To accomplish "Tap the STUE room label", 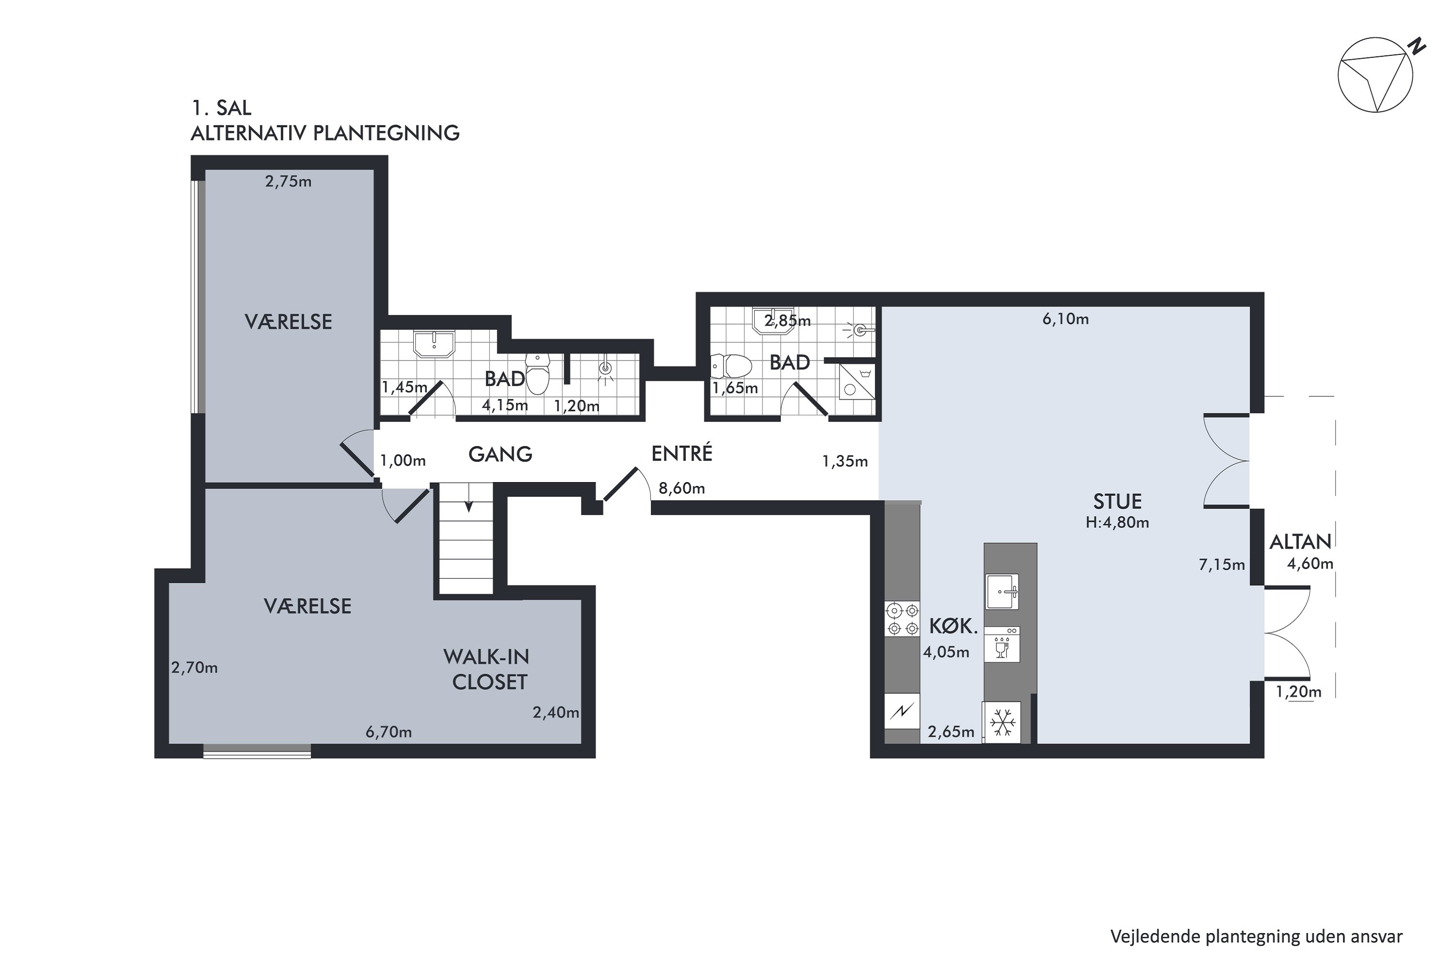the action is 1117,501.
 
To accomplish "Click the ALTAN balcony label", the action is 1300,542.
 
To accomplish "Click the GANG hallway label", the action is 500,454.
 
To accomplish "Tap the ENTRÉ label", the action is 682,453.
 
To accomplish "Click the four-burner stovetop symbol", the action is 903,619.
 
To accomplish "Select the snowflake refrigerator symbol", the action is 1002,723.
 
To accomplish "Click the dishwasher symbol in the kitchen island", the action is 1002,645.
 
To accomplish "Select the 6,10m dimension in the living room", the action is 1065,319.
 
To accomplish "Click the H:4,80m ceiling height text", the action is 1117,523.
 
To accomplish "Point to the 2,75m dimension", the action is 288,181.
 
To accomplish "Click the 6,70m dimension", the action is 388,732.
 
